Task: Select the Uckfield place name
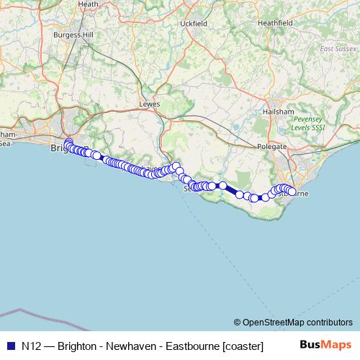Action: [194, 24]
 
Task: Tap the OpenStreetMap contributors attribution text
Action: [297, 322]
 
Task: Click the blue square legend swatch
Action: [11, 346]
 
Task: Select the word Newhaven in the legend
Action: [130, 346]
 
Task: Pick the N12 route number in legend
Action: [32, 346]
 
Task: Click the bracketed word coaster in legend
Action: [243, 346]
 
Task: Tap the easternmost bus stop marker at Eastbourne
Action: [292, 192]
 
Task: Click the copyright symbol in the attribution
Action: [237, 322]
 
